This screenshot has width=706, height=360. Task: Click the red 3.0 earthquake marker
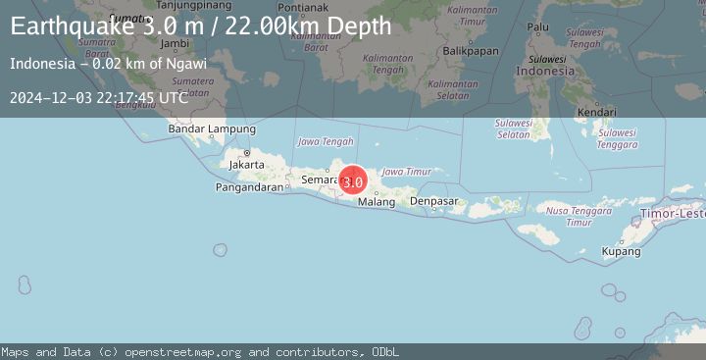[x=353, y=180]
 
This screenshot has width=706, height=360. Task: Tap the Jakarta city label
[x=245, y=165]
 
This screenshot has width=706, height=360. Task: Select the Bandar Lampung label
[x=212, y=129]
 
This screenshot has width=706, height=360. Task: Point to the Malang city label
[x=377, y=202]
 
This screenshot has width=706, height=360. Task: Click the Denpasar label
[x=433, y=201]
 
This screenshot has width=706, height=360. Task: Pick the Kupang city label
[x=621, y=251]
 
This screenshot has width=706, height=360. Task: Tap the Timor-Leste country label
[x=680, y=212]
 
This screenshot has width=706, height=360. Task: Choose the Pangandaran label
[x=249, y=186]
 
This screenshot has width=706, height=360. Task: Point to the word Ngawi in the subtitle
[x=187, y=64]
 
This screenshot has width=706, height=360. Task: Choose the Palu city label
[x=538, y=27]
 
